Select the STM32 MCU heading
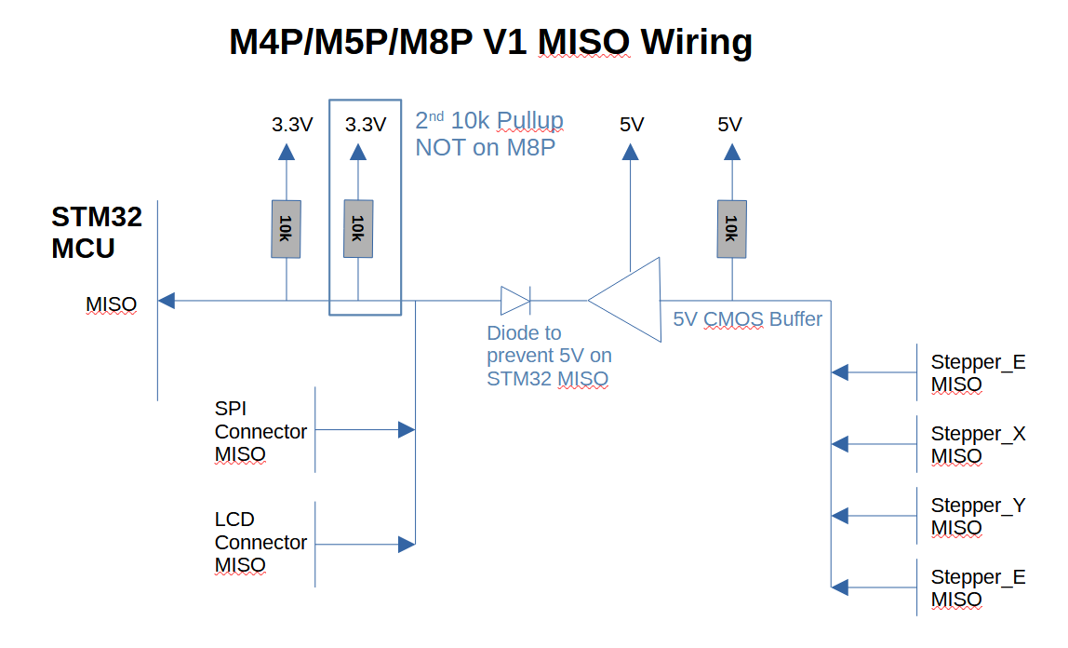(97, 233)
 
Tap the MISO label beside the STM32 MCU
(111, 304)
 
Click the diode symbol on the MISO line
(515, 301)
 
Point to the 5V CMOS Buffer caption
(747, 319)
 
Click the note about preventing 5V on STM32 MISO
(549, 356)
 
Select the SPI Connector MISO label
(260, 432)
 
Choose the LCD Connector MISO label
(260, 542)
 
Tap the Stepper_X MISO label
(978, 445)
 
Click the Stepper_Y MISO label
(978, 517)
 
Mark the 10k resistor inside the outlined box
(358, 229)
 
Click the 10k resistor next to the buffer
(731, 229)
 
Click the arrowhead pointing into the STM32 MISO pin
(167, 300)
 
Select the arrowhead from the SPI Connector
(407, 429)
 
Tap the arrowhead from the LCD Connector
(407, 544)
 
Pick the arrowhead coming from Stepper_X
(840, 444)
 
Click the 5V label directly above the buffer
(632, 125)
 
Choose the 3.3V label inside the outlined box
(365, 125)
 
